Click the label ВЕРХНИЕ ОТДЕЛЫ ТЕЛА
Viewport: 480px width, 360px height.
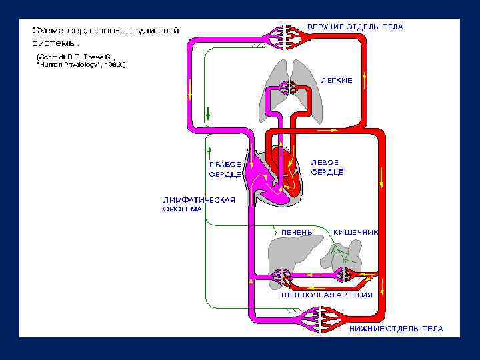[355, 27]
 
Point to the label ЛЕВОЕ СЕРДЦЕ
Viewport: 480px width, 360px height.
[327, 167]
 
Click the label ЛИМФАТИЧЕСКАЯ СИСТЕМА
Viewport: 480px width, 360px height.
[199, 203]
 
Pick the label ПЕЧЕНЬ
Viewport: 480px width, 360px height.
[297, 232]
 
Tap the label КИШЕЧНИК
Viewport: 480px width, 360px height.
[355, 232]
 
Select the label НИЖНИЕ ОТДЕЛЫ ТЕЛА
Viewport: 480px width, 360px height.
[396, 329]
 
